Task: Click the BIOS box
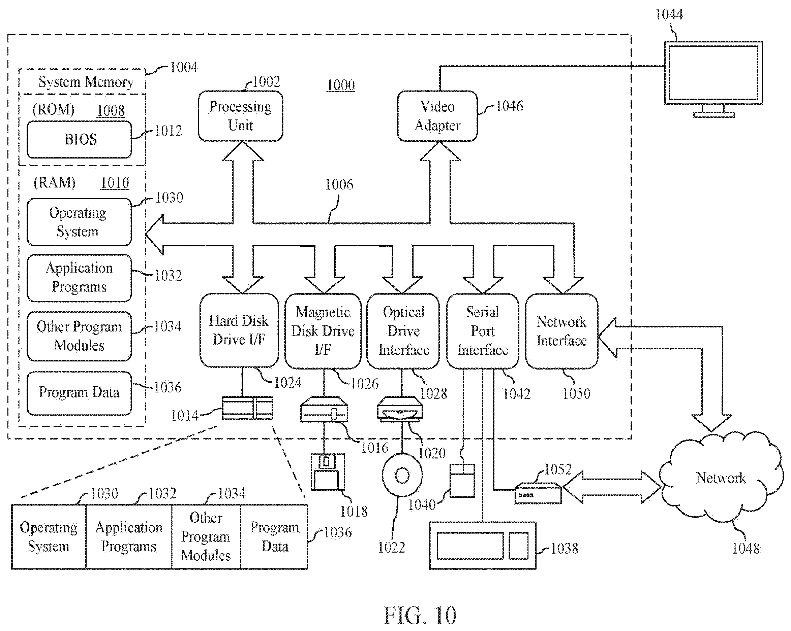(79, 140)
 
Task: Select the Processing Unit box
(241, 116)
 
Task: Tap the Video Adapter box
(437, 116)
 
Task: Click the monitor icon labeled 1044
(713, 79)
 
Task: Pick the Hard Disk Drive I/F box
(239, 330)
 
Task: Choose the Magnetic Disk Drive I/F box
(323, 330)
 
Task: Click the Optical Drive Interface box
(403, 330)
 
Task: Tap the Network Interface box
(562, 330)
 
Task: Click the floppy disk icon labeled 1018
(328, 472)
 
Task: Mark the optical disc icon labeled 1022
(402, 475)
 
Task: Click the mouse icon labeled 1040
(462, 480)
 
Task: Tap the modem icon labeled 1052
(538, 494)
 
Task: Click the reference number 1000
(341, 85)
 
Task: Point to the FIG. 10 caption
(420, 615)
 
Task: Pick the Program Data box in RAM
(79, 393)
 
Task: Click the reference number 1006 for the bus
(339, 184)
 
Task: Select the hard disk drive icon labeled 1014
(247, 408)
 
